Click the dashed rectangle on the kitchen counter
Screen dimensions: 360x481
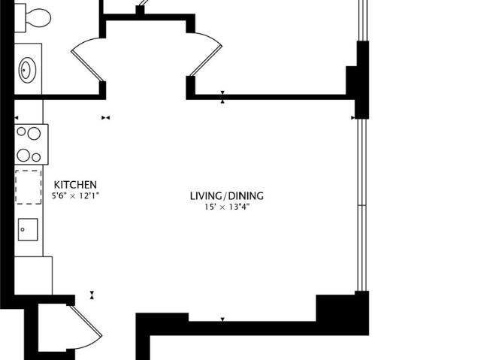[29, 186]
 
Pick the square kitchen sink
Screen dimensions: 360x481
[28, 228]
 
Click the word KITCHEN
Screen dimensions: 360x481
[75, 185]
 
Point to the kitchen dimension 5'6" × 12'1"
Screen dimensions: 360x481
[75, 196]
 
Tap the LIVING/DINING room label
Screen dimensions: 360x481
[226, 196]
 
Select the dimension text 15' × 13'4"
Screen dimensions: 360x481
[226, 207]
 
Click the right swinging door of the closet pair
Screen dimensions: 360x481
[206, 56]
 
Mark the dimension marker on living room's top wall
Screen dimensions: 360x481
[222, 97]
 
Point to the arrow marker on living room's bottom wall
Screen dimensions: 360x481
[222, 319]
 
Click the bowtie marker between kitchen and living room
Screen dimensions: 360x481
[105, 117]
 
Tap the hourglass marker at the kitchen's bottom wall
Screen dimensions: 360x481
[92, 295]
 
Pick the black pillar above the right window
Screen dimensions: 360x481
[358, 80]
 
